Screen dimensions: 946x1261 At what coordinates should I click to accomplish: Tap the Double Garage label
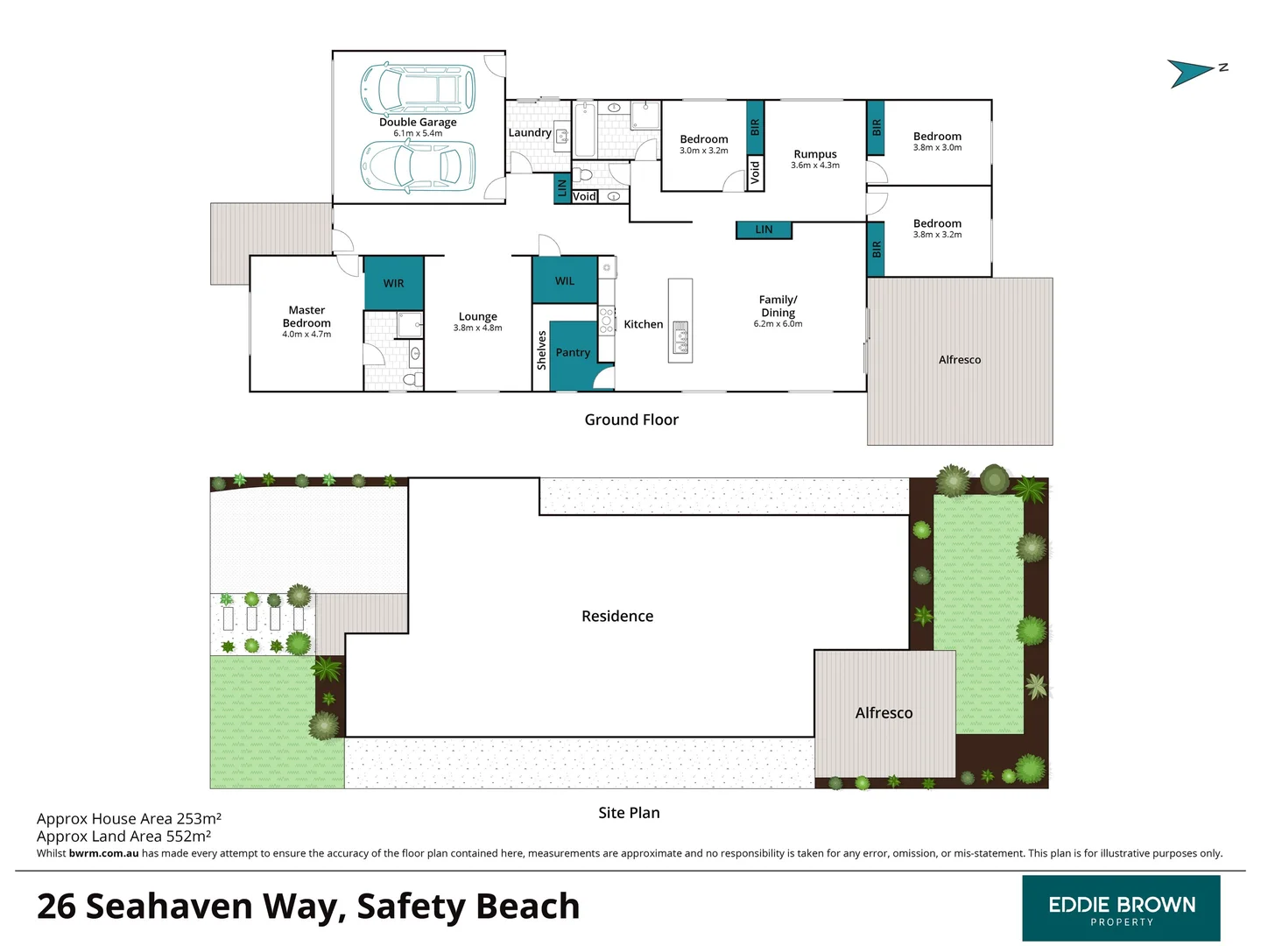[418, 123]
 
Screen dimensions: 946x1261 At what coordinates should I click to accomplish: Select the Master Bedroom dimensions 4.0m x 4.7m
[306, 335]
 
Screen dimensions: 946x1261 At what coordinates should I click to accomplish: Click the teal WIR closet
[394, 283]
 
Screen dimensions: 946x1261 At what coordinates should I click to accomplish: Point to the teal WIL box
[565, 280]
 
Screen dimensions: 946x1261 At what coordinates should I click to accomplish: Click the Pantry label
[573, 352]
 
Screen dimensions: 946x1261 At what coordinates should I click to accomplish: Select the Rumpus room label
[815, 154]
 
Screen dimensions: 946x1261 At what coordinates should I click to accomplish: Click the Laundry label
[530, 133]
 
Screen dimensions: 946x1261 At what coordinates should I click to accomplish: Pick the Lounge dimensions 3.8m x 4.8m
[477, 328]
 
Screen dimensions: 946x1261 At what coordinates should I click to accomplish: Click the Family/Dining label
[778, 306]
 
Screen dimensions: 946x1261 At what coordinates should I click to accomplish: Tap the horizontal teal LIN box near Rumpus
[764, 229]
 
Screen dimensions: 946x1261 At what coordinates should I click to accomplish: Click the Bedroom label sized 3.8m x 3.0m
[937, 137]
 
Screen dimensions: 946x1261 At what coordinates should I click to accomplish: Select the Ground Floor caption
[631, 420]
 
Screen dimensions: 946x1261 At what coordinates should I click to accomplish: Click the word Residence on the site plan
[617, 616]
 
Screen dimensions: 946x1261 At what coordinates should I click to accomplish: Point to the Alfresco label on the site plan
[884, 713]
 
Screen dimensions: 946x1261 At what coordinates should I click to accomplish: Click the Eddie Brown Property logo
[1121, 908]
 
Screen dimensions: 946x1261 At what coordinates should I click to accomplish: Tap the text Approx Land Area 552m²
[123, 837]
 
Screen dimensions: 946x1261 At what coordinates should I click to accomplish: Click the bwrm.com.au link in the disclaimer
[103, 853]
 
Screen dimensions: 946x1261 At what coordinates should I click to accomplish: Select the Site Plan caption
[629, 813]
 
